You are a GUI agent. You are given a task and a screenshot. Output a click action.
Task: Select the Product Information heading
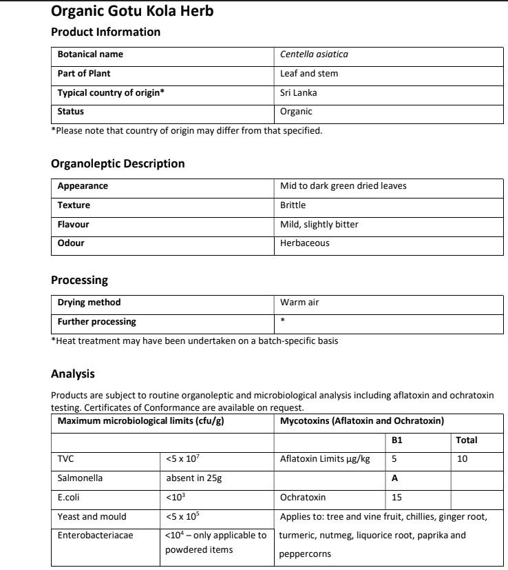point(106,32)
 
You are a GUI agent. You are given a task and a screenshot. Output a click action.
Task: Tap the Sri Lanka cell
point(298,92)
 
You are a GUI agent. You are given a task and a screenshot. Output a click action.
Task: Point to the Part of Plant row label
point(84,73)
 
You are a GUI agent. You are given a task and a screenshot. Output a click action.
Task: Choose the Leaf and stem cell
point(309,73)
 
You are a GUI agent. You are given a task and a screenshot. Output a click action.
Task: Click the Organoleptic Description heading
point(118,164)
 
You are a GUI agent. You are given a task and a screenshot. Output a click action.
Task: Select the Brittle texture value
point(293,205)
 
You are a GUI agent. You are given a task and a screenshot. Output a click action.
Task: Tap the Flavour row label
point(74,224)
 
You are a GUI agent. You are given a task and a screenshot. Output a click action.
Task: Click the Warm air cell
point(299,302)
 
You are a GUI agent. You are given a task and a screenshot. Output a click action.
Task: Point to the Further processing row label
point(96,321)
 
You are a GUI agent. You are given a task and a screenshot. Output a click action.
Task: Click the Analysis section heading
point(73,374)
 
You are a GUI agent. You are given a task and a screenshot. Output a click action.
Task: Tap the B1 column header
point(396,439)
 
